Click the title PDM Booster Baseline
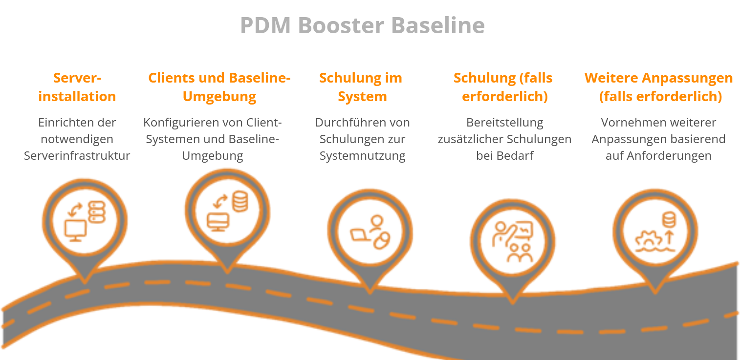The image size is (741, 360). click(x=362, y=25)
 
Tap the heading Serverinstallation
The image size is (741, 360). click(x=77, y=87)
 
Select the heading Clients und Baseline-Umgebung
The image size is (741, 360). click(x=219, y=87)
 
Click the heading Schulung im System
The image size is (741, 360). click(x=361, y=87)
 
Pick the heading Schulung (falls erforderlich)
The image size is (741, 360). click(x=503, y=87)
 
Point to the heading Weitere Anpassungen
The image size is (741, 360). click(x=658, y=78)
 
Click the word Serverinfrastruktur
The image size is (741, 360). click(x=77, y=156)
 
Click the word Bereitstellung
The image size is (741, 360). click(x=504, y=122)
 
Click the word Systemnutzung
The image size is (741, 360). click(x=363, y=156)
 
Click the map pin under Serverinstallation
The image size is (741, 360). click(x=85, y=230)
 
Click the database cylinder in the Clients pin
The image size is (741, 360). click(x=240, y=201)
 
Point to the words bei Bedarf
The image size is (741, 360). click(x=504, y=156)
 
